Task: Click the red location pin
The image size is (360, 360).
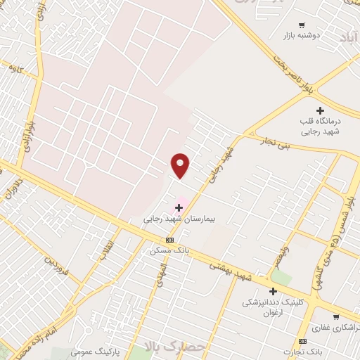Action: (181, 165)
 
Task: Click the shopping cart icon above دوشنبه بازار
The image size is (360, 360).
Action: (302, 24)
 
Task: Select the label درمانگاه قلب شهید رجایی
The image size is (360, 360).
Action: (321, 125)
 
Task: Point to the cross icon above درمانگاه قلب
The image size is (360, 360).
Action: (320, 110)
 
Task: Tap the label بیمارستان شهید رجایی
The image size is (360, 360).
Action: (179, 219)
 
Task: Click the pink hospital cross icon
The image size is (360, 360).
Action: (179, 207)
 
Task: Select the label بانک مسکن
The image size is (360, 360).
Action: (169, 250)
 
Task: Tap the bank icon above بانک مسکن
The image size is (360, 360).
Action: (169, 239)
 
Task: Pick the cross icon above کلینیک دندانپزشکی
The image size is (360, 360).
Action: (273, 291)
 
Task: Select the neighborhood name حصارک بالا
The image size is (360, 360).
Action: (176, 346)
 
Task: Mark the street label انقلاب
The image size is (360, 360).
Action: (105, 251)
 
